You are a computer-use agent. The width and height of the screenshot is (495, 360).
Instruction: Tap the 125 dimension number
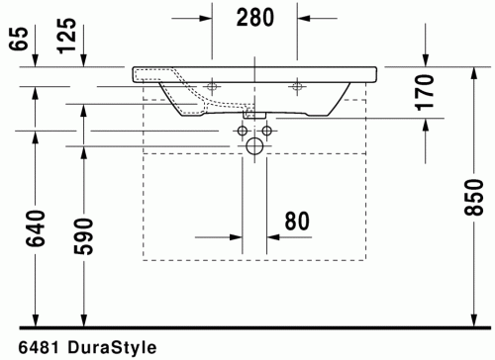point(66,38)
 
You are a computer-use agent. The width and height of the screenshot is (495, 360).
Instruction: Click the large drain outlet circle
point(254,148)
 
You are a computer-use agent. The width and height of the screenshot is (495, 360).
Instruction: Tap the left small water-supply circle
point(243,131)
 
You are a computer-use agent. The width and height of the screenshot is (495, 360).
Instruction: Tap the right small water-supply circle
point(266,131)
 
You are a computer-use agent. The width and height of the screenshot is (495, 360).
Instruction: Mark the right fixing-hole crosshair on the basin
point(296,86)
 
